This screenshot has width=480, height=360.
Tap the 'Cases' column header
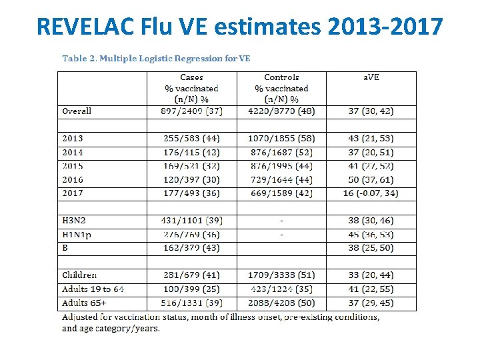(x=192, y=78)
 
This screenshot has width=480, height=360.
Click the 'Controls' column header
(x=281, y=78)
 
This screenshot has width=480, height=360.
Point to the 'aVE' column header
(x=371, y=78)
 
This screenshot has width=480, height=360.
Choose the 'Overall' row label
(x=77, y=111)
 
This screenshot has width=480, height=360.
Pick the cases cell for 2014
(x=192, y=152)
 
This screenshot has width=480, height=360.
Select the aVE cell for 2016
(x=371, y=180)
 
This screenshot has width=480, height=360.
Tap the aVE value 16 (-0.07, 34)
(x=371, y=193)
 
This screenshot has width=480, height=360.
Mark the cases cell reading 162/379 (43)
(x=192, y=248)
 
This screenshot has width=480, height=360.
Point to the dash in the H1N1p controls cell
(x=281, y=235)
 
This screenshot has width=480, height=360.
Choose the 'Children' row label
(x=79, y=275)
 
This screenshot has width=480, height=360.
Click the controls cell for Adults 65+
(x=281, y=303)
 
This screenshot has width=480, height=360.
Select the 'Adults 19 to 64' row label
(x=93, y=289)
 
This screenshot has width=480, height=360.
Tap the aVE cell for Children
(x=371, y=275)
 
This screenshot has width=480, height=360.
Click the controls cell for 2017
(x=281, y=193)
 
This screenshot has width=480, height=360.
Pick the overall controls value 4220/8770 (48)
(x=281, y=111)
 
